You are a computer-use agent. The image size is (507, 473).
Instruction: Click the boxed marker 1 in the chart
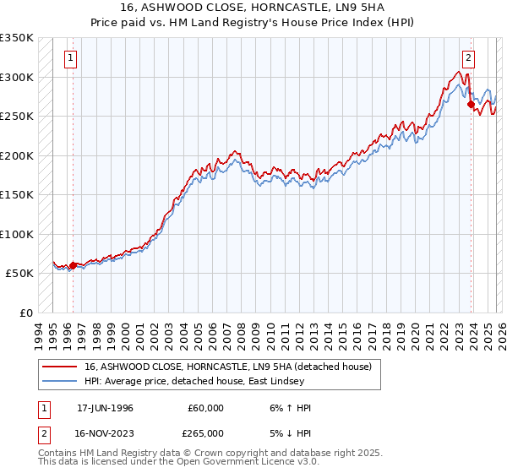pyautogui.click(x=68, y=58)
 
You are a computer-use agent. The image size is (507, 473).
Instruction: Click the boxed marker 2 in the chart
pyautogui.click(x=467, y=58)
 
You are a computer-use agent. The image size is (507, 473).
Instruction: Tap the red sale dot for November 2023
pyautogui.click(x=471, y=105)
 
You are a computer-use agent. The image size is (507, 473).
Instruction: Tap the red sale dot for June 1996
pyautogui.click(x=73, y=265)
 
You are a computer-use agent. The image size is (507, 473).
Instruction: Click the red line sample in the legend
pyautogui.click(x=59, y=367)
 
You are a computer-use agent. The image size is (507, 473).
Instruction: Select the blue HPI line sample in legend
pyautogui.click(x=59, y=381)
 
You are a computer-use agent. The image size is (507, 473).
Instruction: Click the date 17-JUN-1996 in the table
pyautogui.click(x=105, y=408)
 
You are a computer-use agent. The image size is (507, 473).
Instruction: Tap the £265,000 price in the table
pyautogui.click(x=205, y=432)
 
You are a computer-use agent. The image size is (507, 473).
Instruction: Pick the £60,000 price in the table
pyautogui.click(x=205, y=408)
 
